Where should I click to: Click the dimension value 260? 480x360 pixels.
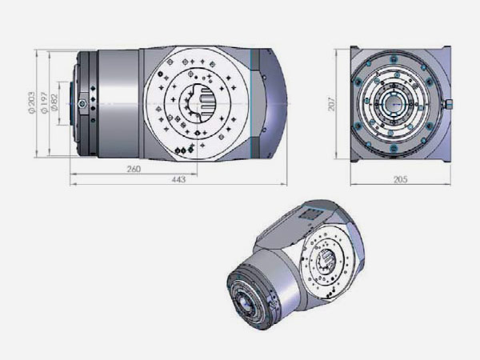click(134, 169)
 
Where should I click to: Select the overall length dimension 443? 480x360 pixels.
click(178, 179)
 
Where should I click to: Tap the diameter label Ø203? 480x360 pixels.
click(31, 103)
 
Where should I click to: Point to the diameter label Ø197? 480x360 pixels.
click(44, 103)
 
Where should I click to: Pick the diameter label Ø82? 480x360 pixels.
click(54, 102)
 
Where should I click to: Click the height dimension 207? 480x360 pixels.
click(332, 104)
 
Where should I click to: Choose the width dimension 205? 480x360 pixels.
click(401, 179)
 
